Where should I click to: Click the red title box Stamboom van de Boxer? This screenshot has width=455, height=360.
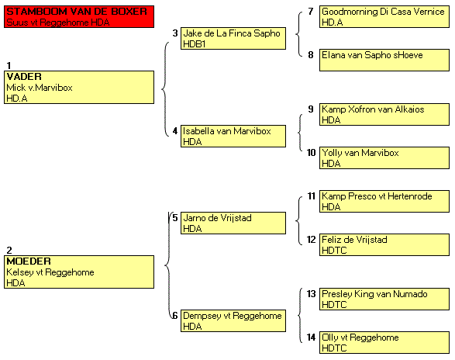79,16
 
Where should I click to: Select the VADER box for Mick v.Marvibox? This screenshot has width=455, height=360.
79,87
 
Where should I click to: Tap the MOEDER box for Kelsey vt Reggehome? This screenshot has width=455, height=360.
79,272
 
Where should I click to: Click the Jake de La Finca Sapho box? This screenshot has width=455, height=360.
233,38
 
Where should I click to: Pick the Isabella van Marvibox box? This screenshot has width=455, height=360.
233,136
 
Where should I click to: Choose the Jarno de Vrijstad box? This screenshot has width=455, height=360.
233,223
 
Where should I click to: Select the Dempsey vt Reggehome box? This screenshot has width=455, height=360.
233,320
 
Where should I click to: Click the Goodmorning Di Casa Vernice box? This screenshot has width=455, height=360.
384,16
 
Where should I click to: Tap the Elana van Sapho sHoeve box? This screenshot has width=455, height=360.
384,61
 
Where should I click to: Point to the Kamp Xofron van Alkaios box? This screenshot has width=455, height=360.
384,115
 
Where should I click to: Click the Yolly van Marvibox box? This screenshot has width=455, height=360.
384,157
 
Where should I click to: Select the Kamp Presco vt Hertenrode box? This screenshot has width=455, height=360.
384,201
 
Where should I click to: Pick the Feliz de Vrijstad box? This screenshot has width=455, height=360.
384,244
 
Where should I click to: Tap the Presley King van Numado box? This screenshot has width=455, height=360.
384,299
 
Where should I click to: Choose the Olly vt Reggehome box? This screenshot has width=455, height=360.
384,343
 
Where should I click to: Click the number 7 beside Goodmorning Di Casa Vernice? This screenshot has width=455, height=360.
311,12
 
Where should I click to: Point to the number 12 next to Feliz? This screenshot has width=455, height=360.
311,240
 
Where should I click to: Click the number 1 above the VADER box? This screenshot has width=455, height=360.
9,65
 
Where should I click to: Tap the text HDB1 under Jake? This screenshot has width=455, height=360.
194,44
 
